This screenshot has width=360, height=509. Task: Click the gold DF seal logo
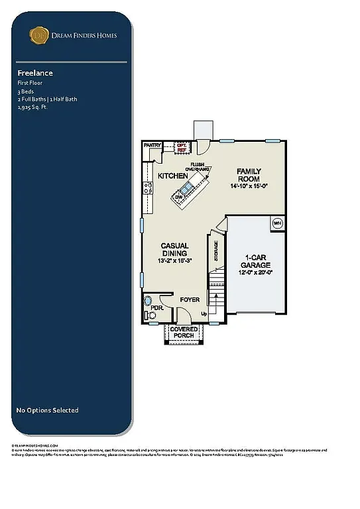(39, 35)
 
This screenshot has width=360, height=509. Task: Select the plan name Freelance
(35, 73)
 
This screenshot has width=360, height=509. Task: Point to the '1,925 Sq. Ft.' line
(33, 106)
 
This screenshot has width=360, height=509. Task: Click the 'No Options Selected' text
(47, 410)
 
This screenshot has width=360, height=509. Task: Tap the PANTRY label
(153, 144)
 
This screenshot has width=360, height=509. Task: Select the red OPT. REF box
(181, 147)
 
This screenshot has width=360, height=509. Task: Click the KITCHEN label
(172, 176)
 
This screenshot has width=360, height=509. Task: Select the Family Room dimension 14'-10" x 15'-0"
(249, 187)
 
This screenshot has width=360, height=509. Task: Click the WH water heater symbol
(278, 223)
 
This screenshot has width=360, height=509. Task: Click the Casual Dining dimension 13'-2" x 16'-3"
(174, 261)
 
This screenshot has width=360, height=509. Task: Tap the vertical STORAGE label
(216, 249)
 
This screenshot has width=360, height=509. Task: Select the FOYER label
(190, 300)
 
